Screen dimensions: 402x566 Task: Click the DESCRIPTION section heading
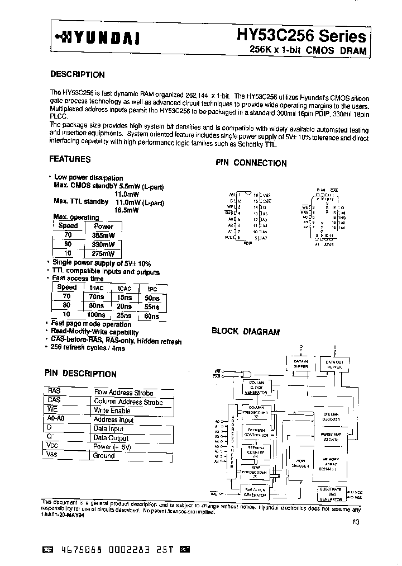point(77,74)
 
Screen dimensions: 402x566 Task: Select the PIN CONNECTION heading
point(251,163)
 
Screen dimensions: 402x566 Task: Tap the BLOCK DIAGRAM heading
point(245,332)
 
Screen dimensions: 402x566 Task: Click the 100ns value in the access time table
point(97,315)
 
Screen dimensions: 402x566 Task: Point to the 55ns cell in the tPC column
point(151,306)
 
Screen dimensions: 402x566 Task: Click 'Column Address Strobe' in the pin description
point(128,402)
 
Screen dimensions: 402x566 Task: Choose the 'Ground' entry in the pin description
point(104,455)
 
